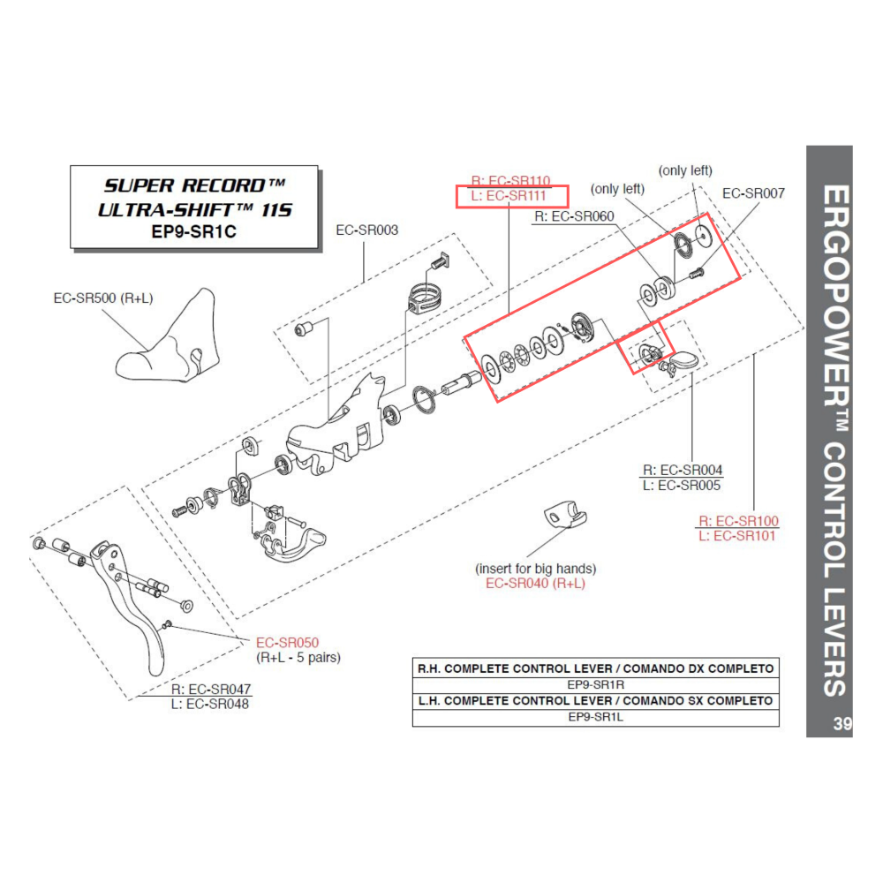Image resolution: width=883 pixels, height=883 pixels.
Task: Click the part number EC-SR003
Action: click(x=366, y=231)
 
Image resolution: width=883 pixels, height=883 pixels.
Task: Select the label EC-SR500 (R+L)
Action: click(x=103, y=298)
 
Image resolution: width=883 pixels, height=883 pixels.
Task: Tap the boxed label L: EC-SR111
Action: click(x=510, y=196)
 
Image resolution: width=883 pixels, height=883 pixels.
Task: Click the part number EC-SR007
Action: click(x=752, y=192)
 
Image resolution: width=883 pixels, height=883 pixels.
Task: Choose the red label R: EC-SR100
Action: click(x=738, y=521)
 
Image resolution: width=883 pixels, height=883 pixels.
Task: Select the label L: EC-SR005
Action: click(x=682, y=485)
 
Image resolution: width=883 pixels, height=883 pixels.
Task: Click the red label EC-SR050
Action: click(x=287, y=643)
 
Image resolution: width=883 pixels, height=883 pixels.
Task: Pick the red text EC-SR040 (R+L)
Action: click(x=535, y=583)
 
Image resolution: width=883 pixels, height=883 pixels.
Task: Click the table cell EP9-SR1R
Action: click(x=596, y=684)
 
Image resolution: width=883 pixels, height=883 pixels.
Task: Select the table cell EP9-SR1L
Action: click(x=596, y=717)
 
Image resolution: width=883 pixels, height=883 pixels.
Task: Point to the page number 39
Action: click(x=841, y=725)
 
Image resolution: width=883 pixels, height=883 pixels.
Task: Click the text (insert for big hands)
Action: click(x=535, y=568)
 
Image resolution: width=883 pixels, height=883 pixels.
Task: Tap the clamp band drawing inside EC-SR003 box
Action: click(x=425, y=298)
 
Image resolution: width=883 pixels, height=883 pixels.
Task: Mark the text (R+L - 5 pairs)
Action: click(x=298, y=658)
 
